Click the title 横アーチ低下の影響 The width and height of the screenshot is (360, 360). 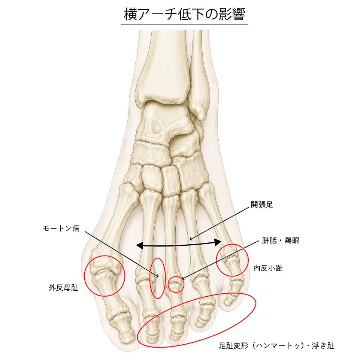pos(185,14)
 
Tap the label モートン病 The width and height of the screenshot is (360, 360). pos(61,229)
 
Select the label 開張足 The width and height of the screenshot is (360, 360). pos(262,204)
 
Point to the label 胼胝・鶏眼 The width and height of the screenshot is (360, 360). pos(281,240)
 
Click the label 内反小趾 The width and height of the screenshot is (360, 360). pos(268,268)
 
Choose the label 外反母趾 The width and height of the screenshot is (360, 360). pos(64,288)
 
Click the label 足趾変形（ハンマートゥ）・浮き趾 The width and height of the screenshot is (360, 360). pos(276,346)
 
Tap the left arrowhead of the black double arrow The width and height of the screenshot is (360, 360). pos(140,245)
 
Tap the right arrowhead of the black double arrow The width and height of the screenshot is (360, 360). pos(218,242)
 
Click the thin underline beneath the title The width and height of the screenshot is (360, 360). pos(184,24)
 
